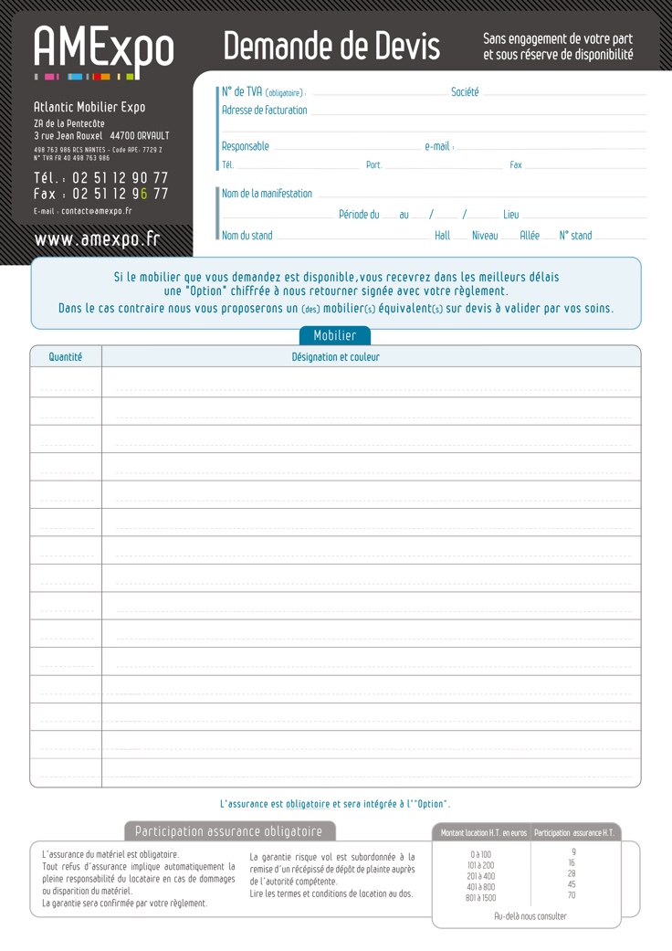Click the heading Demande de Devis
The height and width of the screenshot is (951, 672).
point(331,46)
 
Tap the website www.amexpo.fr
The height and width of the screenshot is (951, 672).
point(97,238)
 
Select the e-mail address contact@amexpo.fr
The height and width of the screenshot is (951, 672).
point(96,211)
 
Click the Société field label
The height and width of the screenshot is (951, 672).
point(465,92)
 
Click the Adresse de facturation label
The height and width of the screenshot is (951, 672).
point(265,111)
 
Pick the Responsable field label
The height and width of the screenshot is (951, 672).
point(246,146)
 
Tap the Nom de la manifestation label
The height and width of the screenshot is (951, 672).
point(267,194)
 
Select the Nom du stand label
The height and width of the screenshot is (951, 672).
point(247,236)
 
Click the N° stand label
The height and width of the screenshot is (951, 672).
point(575,236)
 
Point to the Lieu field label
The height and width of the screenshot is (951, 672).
point(511,215)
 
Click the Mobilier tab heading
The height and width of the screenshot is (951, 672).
point(335,335)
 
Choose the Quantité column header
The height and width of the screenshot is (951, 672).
point(66,357)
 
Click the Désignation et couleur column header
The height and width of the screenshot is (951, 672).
point(336,357)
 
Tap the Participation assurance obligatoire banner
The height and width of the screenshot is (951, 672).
point(229,831)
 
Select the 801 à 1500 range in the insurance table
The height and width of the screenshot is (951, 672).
point(481,898)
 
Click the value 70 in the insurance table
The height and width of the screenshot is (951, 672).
point(572,895)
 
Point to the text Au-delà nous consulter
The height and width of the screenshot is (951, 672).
point(530,916)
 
